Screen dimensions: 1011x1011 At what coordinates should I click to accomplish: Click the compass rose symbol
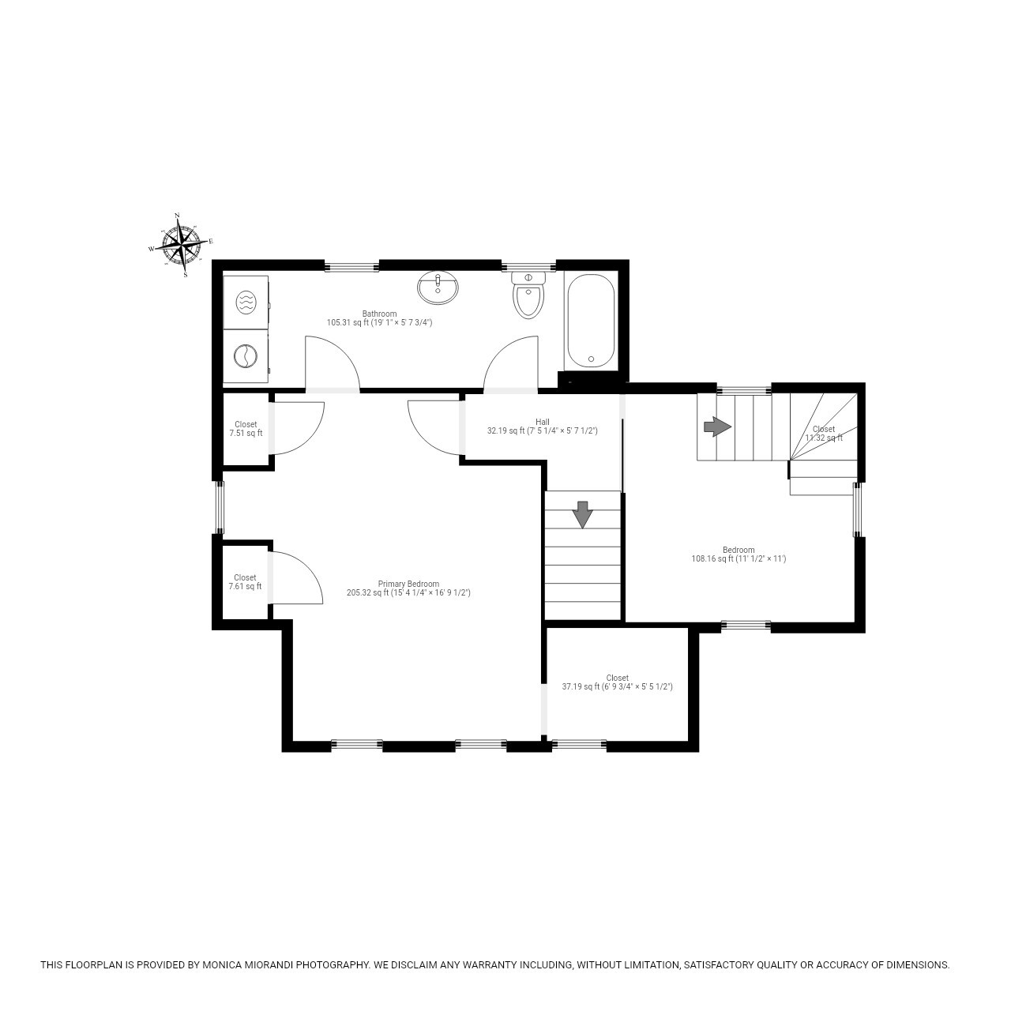pyautogui.click(x=182, y=244)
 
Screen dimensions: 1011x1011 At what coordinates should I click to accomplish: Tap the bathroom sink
pyautogui.click(x=438, y=288)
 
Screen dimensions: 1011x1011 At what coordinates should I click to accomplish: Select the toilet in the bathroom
pyautogui.click(x=528, y=296)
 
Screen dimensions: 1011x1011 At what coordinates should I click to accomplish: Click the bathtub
pyautogui.click(x=591, y=320)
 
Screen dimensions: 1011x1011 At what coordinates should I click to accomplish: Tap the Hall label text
pyautogui.click(x=542, y=422)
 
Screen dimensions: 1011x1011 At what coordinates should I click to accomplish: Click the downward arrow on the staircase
pyautogui.click(x=583, y=514)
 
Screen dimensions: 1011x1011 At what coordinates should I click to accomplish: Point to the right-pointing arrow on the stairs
pyautogui.click(x=717, y=427)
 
